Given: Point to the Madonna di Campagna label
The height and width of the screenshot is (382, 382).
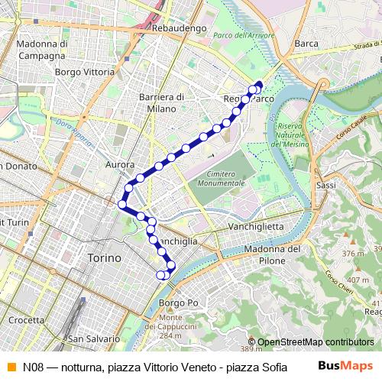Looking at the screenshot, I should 40,50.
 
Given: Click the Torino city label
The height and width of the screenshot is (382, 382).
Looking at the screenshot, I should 104,258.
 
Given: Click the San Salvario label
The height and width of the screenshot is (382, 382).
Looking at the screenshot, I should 93,338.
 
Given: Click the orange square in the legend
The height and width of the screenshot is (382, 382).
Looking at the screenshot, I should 10,365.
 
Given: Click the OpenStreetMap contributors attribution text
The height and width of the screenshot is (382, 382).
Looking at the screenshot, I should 316,342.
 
